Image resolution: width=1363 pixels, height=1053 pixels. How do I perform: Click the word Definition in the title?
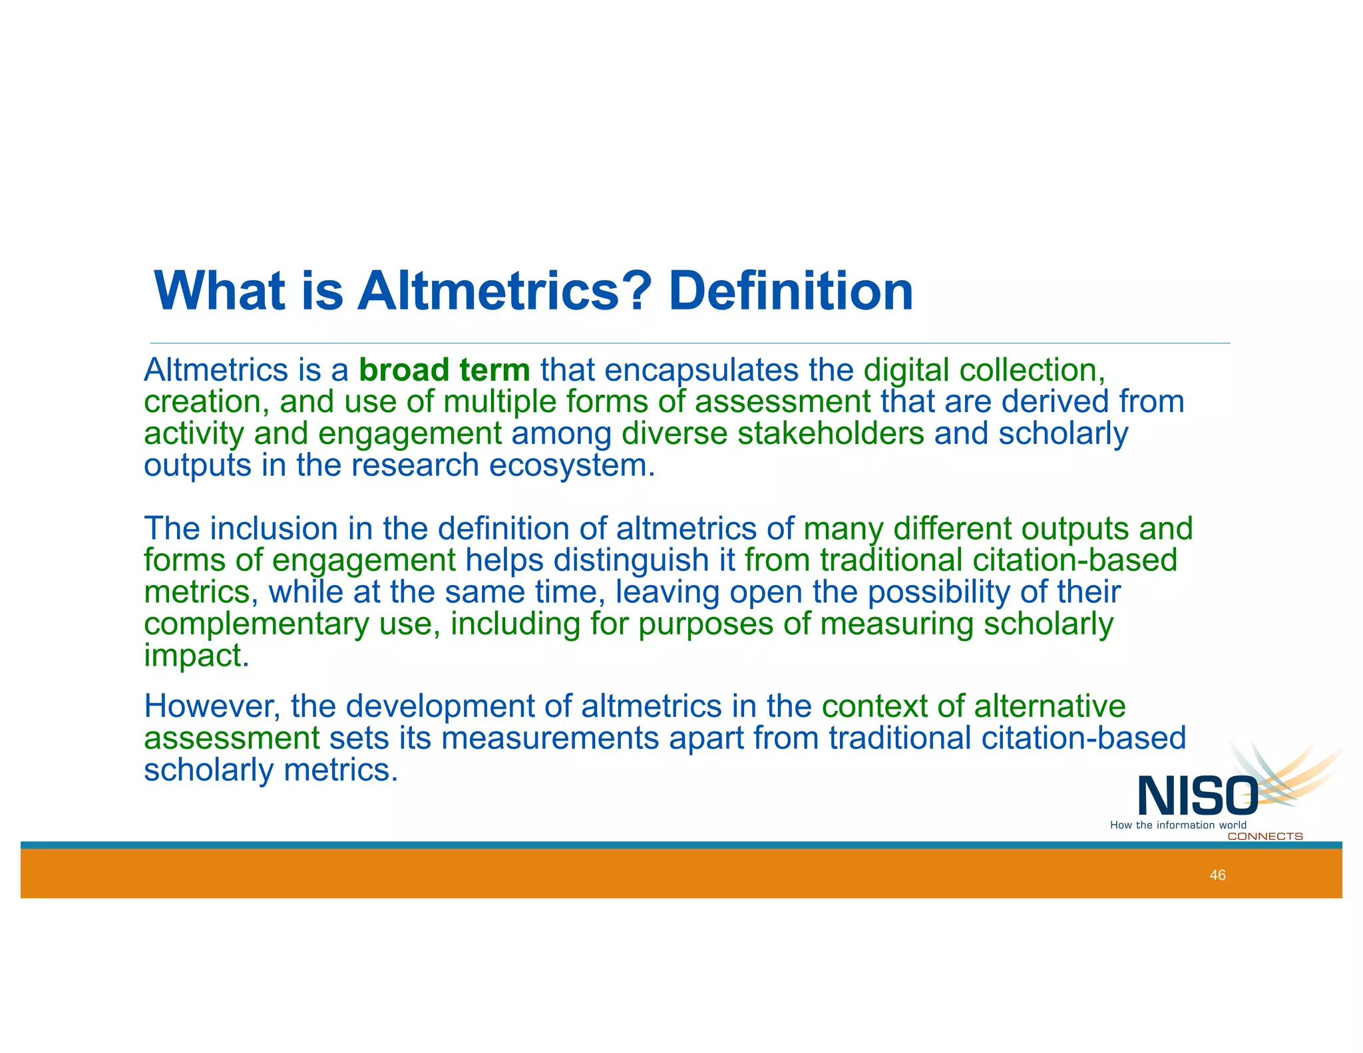tap(791, 292)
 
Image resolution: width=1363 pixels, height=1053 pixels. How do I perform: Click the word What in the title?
tap(220, 292)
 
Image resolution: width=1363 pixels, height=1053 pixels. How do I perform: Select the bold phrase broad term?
tap(444, 370)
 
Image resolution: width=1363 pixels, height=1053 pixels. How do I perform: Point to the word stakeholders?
tap(831, 433)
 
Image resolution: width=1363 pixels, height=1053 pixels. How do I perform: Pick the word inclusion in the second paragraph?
tap(274, 528)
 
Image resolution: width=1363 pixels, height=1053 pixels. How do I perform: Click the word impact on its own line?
tap(196, 656)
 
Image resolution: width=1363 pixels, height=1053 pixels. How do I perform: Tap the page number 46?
tap(1217, 875)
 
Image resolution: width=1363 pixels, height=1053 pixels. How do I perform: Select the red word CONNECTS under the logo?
tap(1265, 837)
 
